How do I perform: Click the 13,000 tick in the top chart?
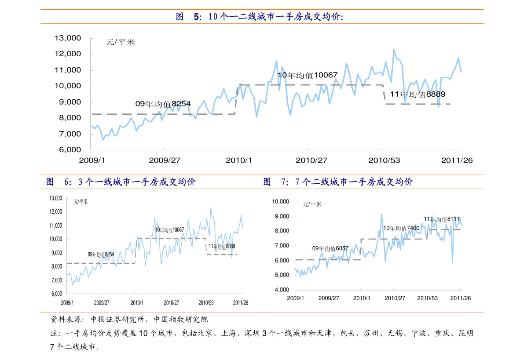[x=67, y=38]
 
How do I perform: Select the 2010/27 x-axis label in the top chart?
[x=311, y=160]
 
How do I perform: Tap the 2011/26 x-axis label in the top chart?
[x=457, y=160]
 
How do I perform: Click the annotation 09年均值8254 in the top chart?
[x=163, y=104]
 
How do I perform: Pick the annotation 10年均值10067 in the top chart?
[x=307, y=75]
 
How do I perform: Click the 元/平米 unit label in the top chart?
[x=121, y=43]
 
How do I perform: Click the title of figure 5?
[x=260, y=17]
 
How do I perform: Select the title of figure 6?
[x=121, y=182]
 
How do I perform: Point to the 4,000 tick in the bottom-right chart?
[x=280, y=290]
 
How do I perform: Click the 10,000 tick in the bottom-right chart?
[x=280, y=202]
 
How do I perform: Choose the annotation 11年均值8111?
[x=442, y=219]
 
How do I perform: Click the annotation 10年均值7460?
[x=401, y=228]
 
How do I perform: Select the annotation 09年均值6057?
[x=330, y=248]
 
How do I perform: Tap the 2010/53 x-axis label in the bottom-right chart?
[x=428, y=298]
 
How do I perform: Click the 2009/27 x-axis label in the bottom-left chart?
[x=102, y=303]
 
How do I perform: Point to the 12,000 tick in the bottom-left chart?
[x=56, y=212]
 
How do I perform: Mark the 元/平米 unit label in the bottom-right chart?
[x=312, y=204]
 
